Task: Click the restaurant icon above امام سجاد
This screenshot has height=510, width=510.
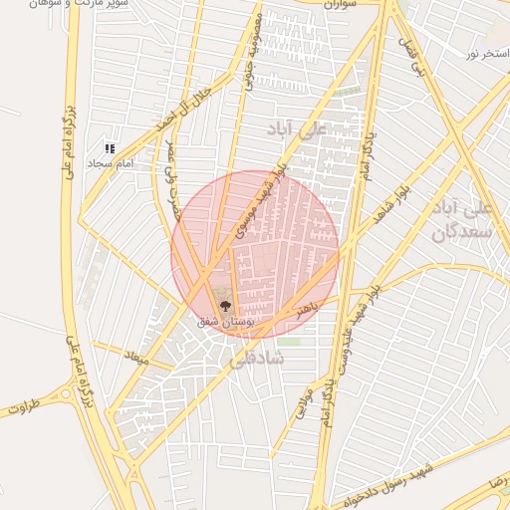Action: point(110,148)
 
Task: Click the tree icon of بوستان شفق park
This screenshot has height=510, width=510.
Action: point(222,306)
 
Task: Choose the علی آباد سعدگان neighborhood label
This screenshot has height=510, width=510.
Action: point(460,220)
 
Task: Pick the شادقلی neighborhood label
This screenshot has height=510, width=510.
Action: point(258,356)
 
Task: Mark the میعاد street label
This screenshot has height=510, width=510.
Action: point(135,356)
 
